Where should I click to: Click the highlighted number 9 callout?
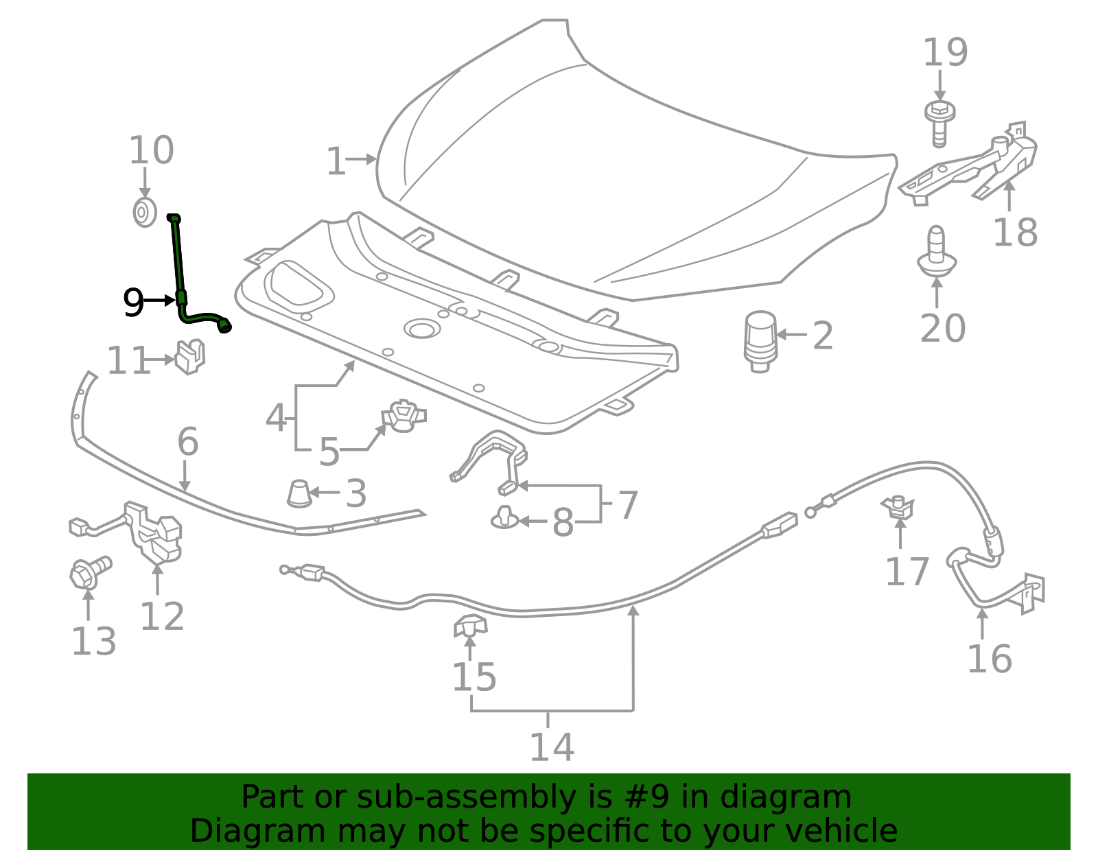132,302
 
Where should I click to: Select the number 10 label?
152,151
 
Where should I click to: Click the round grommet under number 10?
144,213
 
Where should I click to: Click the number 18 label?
1015,233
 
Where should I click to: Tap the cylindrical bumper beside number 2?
760,340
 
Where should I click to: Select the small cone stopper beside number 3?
299,493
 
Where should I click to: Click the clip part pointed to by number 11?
190,356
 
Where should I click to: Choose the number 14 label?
551,747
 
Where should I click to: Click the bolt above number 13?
90,572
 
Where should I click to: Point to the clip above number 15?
470,626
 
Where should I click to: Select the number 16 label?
989,659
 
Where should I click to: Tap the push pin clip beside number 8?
505,518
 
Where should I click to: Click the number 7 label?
627,506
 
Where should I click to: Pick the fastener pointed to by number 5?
404,416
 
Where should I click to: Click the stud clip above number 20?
937,250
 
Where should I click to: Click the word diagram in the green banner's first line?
805,797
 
